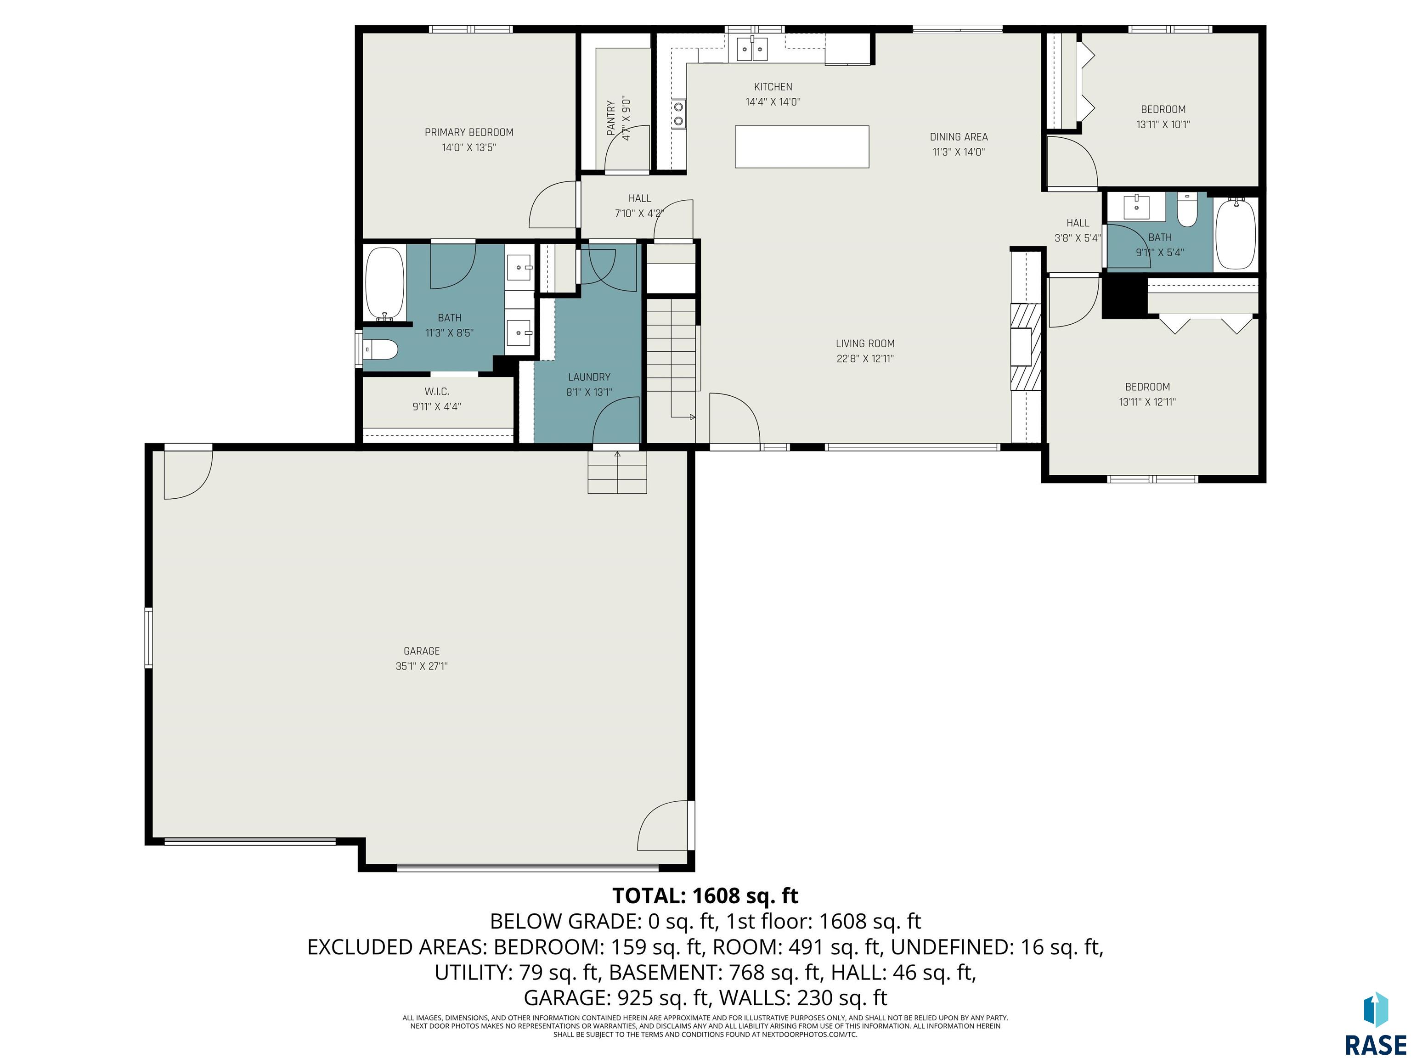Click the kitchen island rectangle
802,146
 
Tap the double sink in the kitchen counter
752,49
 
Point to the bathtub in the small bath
1236,234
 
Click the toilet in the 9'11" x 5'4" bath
1186,210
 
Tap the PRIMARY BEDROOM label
469,132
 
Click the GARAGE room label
422,651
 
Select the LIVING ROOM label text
865,343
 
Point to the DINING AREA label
959,136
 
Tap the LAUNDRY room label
589,377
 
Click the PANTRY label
611,118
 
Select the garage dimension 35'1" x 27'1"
422,666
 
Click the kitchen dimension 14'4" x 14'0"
773,102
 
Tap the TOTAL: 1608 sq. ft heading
705,895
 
